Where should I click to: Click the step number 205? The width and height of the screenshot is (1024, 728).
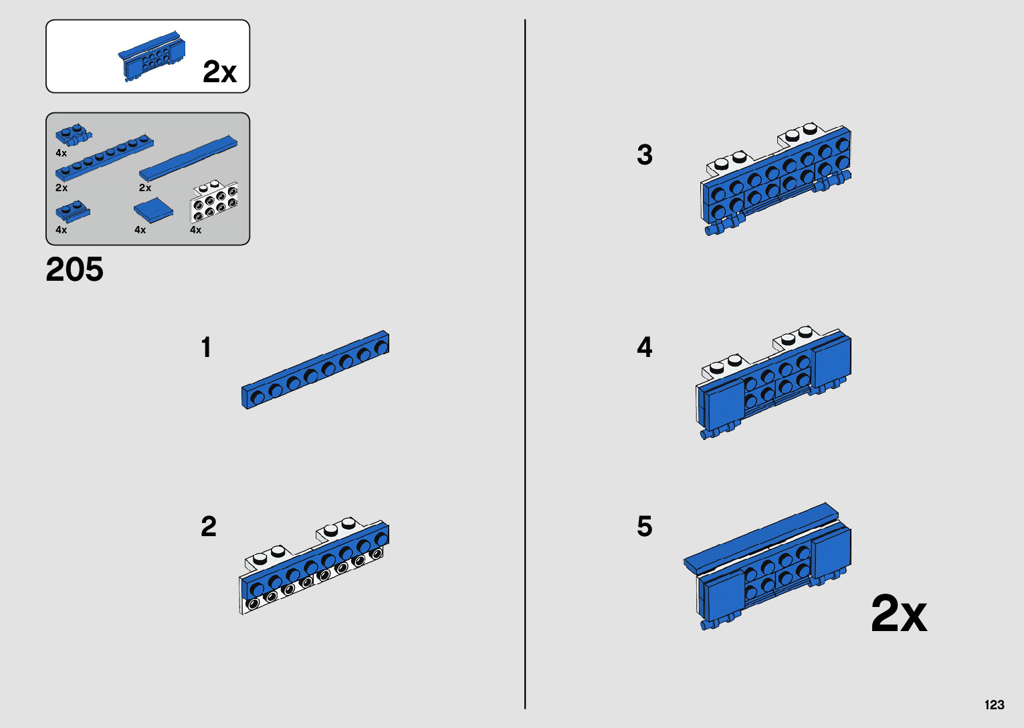click(74, 270)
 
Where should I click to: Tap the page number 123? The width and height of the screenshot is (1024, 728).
click(994, 705)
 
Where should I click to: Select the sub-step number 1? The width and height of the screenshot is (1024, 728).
click(206, 348)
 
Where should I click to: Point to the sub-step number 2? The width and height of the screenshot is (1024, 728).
click(209, 527)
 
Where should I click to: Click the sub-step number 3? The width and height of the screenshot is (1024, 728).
click(645, 155)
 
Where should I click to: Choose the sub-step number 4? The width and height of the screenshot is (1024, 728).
click(645, 348)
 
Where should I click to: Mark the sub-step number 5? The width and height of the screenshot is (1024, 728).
click(645, 527)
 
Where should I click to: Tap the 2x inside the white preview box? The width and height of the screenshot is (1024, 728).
click(219, 72)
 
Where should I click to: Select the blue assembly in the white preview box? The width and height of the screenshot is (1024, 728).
click(152, 57)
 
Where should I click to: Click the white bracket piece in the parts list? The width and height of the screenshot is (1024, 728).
click(214, 203)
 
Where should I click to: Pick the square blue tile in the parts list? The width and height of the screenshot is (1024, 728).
click(153, 211)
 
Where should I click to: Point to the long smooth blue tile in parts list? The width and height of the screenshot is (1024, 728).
click(188, 158)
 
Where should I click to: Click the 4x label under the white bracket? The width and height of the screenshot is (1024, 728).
click(195, 230)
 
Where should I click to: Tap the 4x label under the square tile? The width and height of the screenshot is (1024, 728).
click(140, 230)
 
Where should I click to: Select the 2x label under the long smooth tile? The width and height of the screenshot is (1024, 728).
click(145, 188)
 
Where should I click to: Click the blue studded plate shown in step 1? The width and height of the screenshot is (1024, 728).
click(315, 369)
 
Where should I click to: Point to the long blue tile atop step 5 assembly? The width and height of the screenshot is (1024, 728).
click(760, 535)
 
